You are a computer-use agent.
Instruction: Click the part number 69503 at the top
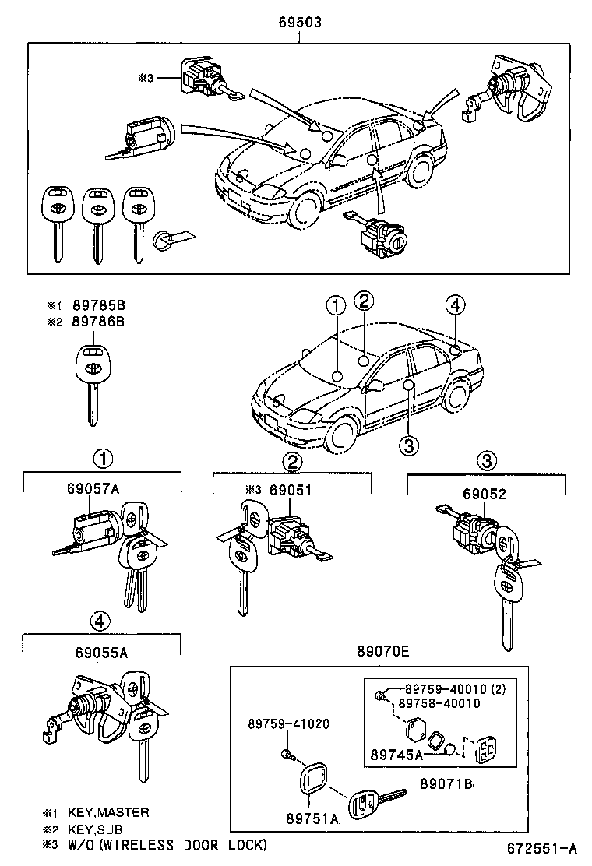[300, 23]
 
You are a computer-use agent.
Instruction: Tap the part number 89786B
[98, 320]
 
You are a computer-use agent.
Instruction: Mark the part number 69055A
[99, 653]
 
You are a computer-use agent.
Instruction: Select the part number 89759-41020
[289, 723]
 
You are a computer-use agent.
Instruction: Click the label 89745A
[396, 754]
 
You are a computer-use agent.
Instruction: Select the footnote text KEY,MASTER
[108, 812]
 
